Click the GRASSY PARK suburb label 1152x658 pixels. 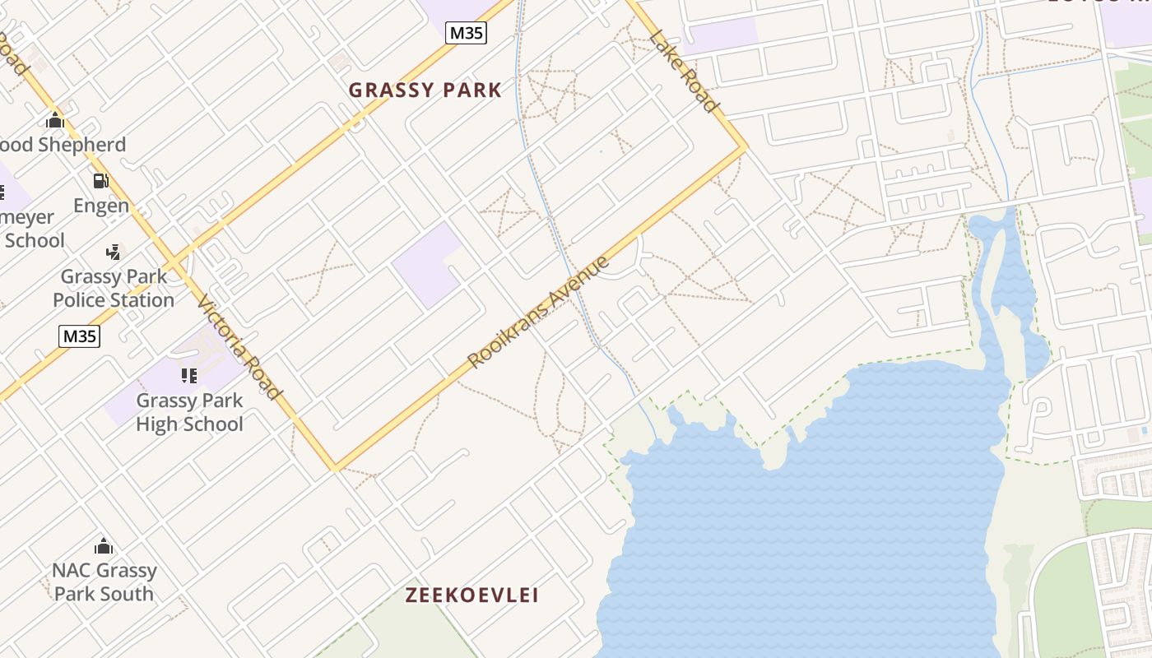(425, 90)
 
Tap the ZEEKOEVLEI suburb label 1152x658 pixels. (472, 595)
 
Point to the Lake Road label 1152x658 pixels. (684, 71)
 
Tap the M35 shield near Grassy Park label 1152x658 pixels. (466, 33)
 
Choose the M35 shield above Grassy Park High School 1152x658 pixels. (80, 336)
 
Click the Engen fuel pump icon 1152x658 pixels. (100, 181)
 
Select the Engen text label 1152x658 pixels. (101, 206)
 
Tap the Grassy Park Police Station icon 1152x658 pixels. (114, 252)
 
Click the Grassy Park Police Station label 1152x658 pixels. (114, 288)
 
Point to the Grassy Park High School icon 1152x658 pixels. (189, 376)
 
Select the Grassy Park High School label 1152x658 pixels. (189, 412)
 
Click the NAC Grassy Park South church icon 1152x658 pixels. (104, 545)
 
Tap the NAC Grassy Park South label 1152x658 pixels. (104, 582)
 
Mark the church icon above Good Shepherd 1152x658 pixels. (55, 120)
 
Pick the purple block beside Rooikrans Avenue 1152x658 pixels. (426, 264)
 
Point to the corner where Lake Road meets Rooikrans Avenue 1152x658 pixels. (746, 148)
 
